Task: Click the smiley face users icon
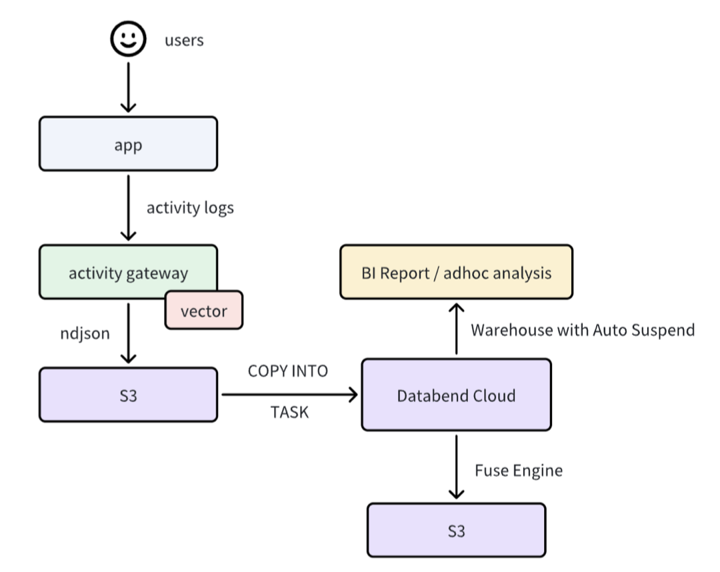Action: (x=128, y=39)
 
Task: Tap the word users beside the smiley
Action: (x=184, y=41)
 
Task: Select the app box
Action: (x=128, y=144)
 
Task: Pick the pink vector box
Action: (x=204, y=310)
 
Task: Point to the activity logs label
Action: (x=190, y=208)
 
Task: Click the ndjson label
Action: (x=85, y=333)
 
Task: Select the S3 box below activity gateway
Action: (x=128, y=395)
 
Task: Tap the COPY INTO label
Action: (x=288, y=371)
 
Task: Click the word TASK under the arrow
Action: (x=289, y=412)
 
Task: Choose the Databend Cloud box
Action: (x=457, y=395)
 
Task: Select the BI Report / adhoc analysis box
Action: (x=457, y=272)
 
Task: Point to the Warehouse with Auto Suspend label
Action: (x=583, y=330)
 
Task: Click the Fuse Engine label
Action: (x=519, y=471)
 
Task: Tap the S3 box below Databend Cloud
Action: (x=457, y=530)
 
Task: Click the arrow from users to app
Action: (x=128, y=87)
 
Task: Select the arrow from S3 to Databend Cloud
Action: (x=290, y=395)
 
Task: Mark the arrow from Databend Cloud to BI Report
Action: (x=457, y=329)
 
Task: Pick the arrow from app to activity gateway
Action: (x=128, y=208)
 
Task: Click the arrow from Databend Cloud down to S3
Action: (x=457, y=467)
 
